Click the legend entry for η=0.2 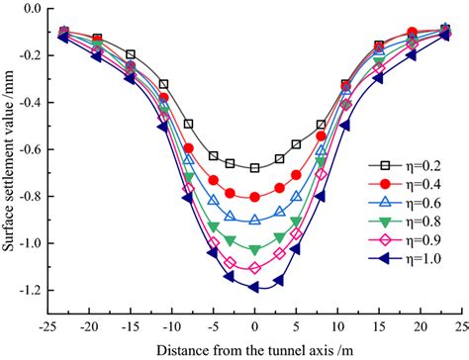(401, 165)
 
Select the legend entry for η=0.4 (401, 184)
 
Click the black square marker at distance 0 (254, 168)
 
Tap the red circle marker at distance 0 (254, 197)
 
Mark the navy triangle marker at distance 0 (254, 287)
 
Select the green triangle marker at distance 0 (254, 249)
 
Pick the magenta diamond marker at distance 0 (254, 268)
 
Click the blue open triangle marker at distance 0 (254, 220)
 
